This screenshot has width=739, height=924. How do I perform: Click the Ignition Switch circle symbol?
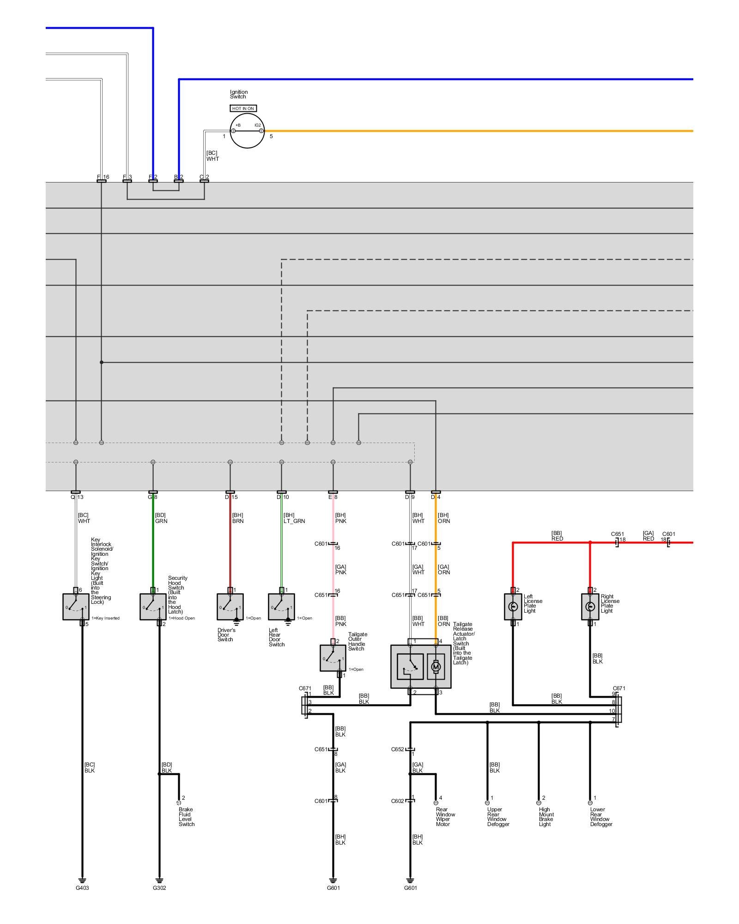tap(247, 131)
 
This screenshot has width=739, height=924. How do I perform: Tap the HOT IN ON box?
tap(243, 108)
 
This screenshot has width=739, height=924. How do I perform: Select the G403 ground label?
tap(82, 888)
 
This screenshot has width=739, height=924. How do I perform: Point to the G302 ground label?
tap(159, 888)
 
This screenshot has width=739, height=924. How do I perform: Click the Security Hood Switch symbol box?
tap(153, 607)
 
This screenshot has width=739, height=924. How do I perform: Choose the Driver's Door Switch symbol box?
tap(230, 607)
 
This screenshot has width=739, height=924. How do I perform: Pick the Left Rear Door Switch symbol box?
tap(281, 607)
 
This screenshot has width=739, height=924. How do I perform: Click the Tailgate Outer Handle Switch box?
tap(333, 658)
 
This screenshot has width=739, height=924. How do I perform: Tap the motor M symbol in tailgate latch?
tap(436, 667)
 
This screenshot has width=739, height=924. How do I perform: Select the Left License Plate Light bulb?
tap(513, 607)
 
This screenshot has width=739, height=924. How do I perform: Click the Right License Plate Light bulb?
tap(590, 607)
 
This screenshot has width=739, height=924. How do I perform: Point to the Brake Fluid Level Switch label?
tap(187, 816)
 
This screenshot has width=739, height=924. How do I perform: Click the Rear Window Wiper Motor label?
tap(445, 816)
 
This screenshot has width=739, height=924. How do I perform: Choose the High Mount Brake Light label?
tap(546, 816)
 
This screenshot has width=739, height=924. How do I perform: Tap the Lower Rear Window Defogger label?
tap(601, 816)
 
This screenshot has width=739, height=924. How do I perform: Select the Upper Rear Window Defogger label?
tap(498, 816)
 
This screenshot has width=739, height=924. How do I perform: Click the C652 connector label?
tap(397, 749)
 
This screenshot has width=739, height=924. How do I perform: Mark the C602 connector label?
tap(397, 801)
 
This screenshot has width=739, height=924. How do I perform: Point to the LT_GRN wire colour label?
tap(294, 521)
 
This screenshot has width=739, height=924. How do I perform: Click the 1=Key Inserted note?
tap(105, 618)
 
